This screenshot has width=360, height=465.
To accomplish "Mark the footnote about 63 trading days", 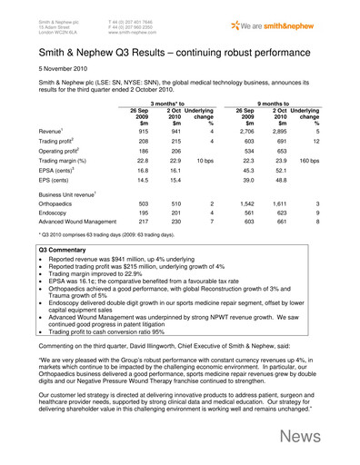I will (103, 276).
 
